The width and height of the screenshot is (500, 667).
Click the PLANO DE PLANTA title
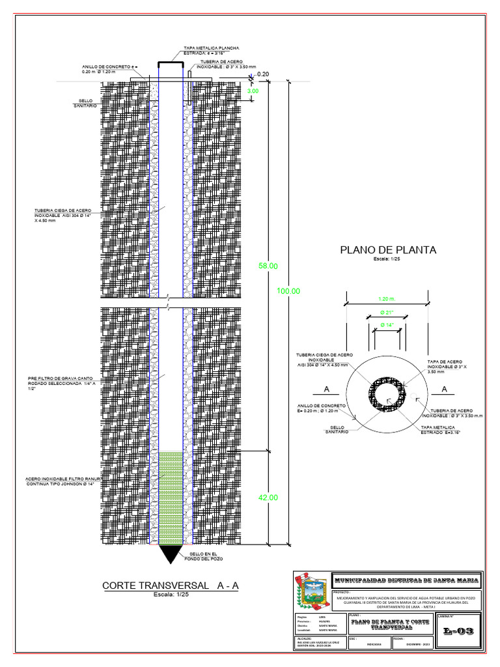(388, 249)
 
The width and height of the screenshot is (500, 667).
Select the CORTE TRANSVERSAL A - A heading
(171, 586)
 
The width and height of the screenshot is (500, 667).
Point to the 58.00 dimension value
(268, 266)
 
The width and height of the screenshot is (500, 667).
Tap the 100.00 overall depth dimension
(288, 291)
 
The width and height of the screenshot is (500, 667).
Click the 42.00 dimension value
(268, 498)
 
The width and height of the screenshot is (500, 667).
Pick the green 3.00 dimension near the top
(253, 92)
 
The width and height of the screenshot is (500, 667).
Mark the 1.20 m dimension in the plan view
(387, 299)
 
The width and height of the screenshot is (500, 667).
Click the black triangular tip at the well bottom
(170, 554)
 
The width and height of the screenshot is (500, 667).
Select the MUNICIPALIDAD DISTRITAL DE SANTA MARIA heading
(406, 580)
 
